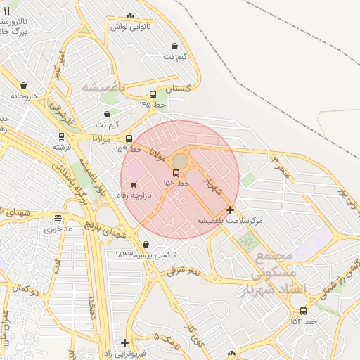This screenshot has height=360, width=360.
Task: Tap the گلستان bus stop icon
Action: pyautogui.click(x=153, y=94)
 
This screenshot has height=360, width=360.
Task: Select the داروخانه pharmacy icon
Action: pyautogui.click(x=24, y=85)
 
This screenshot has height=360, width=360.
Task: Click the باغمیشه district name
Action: pyautogui.click(x=103, y=88)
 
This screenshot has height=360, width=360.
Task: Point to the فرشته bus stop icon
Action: pyautogui.click(x=61, y=137)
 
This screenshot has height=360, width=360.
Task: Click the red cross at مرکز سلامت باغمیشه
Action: pyautogui.click(x=230, y=210)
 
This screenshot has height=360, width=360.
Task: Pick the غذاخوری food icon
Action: pyautogui.click(x=58, y=219)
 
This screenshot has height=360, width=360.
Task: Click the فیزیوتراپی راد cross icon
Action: pyautogui.click(x=124, y=342)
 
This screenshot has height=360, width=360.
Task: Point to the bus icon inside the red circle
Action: pyautogui.click(x=176, y=173)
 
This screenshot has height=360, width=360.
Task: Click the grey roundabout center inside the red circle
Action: pyautogui.click(x=180, y=161)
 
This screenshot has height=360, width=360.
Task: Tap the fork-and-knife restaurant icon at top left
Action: pyautogui.click(x=7, y=11)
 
